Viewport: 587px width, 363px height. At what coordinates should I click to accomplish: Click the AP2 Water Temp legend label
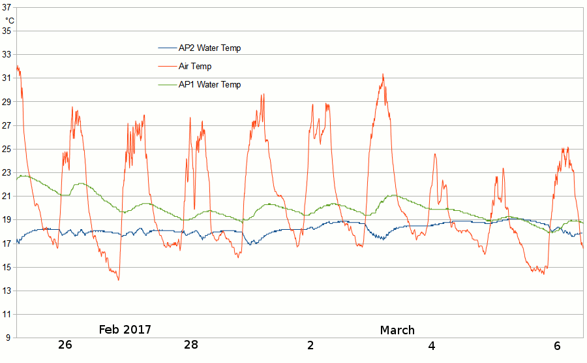pos(209,48)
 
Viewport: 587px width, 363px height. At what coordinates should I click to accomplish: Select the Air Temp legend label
pos(195,67)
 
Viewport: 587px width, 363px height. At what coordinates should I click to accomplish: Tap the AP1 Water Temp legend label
pos(209,85)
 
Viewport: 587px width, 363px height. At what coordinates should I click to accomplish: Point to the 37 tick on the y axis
pos(8,7)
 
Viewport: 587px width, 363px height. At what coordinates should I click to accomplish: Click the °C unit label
pos(9,20)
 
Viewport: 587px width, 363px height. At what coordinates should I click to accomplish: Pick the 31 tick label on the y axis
pos(8,78)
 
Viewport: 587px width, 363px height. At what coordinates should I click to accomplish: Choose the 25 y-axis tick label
pos(8,149)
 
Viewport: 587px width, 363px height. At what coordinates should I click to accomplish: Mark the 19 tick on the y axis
pos(8,220)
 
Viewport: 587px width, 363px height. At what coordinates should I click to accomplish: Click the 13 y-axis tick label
pos(8,291)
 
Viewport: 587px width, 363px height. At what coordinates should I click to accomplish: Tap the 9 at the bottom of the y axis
pos(9,338)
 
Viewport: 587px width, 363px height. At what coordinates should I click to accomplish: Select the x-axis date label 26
pos(65,345)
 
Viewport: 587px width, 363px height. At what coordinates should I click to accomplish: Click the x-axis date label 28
pos(190,345)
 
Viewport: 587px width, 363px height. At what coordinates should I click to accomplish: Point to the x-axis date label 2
pos(310,345)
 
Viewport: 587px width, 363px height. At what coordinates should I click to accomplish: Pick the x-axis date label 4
pos(432,345)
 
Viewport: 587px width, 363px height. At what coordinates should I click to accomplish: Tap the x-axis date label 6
pos(557,345)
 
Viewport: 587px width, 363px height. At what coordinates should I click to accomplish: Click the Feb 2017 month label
pos(129,329)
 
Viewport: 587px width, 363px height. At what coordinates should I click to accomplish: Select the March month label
pos(397,330)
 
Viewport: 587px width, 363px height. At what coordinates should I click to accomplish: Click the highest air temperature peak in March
pos(383,74)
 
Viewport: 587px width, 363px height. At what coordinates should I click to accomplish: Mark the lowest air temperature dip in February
pos(118,279)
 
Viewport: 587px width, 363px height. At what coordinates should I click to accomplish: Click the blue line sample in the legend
pos(167,48)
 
